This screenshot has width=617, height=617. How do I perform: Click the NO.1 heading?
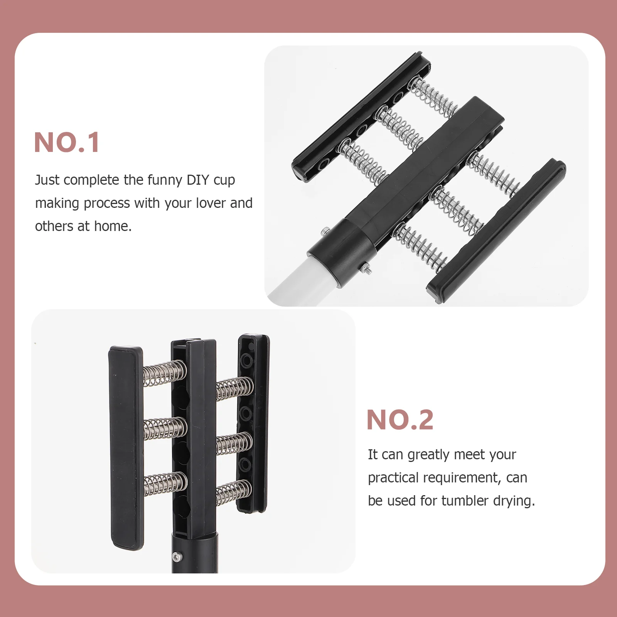[67, 142]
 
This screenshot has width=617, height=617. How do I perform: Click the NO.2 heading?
[400, 420]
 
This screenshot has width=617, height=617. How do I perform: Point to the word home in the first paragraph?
[113, 226]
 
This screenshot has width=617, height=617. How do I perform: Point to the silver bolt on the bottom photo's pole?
[177, 556]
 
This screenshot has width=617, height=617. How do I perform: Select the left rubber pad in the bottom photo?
[126, 447]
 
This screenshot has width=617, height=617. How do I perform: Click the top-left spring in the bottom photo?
[165, 373]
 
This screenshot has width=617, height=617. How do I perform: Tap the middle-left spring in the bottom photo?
[165, 428]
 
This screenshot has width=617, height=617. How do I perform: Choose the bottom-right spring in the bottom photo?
[234, 492]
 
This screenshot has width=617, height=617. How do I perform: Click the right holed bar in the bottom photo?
[253, 422]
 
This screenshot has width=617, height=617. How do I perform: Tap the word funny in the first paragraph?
[165, 180]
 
